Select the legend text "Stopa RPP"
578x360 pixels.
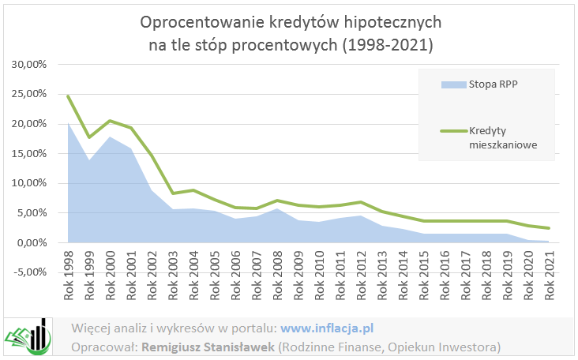(493, 83)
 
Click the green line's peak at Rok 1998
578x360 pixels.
(69, 96)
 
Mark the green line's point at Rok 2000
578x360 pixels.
(110, 121)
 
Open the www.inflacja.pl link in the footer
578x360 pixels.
(327, 328)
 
